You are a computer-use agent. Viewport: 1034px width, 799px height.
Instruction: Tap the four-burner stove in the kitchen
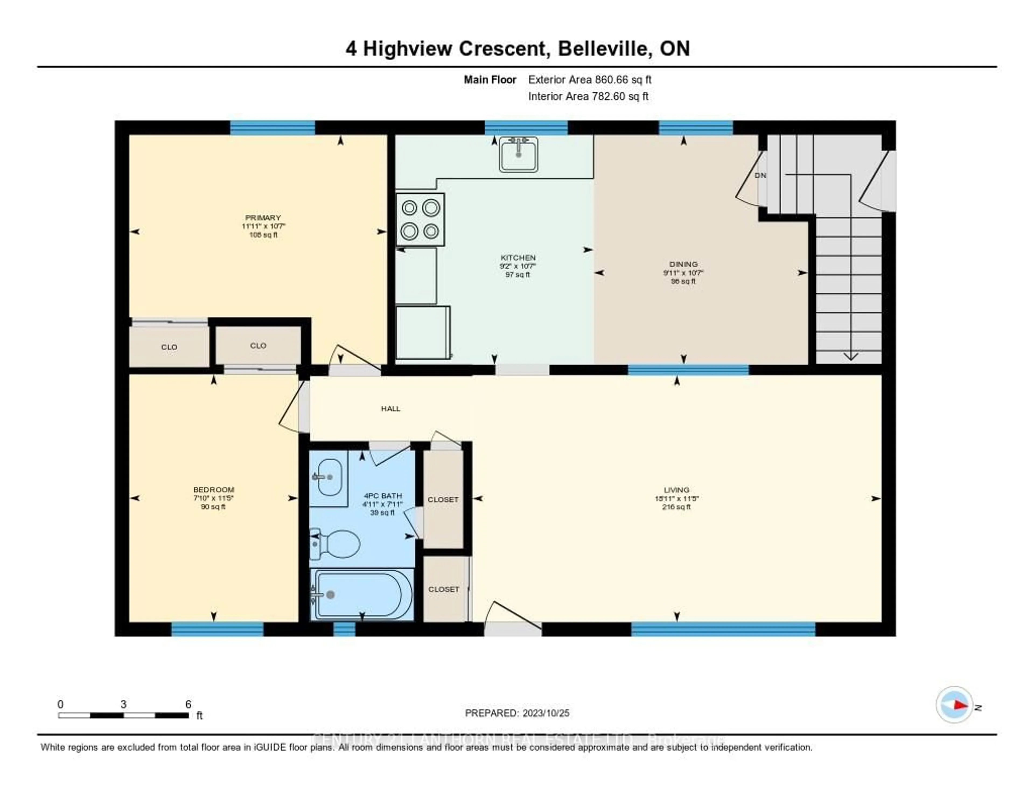(420, 219)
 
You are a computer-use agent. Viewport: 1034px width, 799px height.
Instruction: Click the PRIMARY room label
(263, 218)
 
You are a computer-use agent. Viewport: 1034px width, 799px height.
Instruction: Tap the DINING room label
(683, 264)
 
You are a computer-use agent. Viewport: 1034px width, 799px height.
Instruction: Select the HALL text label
(391, 408)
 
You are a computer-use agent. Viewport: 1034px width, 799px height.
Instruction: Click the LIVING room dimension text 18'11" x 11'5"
(677, 498)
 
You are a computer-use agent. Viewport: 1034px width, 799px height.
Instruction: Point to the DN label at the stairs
(760, 175)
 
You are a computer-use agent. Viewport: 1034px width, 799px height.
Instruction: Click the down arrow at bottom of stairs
(851, 356)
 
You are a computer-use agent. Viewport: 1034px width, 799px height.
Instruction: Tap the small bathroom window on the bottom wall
(344, 629)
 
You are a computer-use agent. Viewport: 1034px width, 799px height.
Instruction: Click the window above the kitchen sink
(526, 128)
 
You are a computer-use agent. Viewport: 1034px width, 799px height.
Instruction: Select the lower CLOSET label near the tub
(443, 589)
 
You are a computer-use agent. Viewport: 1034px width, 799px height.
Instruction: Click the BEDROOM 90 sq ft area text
(213, 507)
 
